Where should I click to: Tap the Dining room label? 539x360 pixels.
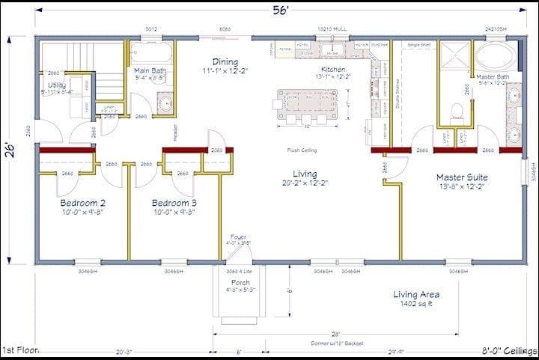[225, 62]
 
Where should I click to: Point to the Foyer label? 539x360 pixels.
[239, 238]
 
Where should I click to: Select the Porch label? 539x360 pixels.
[240, 282]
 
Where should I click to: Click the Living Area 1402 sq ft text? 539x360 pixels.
[416, 299]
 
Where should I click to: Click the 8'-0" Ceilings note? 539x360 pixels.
[508, 350]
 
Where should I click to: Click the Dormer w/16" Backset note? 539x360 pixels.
[335, 343]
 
